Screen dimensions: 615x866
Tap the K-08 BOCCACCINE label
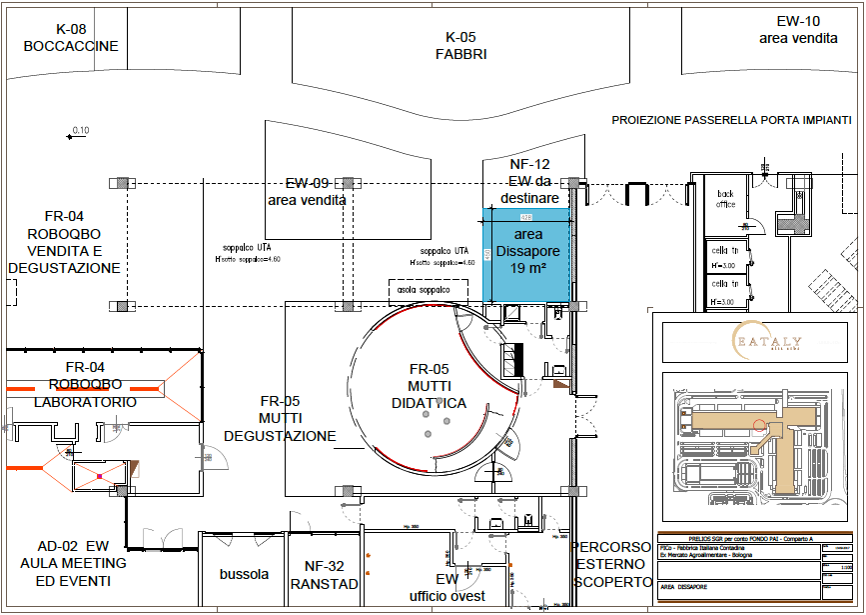71,38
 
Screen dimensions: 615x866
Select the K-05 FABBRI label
460,46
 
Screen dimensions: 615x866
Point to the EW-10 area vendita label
798,29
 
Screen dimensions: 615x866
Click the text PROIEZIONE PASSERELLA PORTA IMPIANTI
731,120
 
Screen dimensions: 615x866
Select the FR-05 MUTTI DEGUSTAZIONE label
280,419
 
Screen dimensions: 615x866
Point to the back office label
725,199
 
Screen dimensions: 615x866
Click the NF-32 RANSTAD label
324,576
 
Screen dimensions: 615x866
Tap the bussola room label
244,574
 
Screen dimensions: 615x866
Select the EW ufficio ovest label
446,587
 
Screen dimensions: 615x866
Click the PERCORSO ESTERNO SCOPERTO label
611,564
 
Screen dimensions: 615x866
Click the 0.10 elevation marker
78,131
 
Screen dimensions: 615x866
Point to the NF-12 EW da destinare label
529,180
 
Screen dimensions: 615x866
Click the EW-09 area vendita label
307,192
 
